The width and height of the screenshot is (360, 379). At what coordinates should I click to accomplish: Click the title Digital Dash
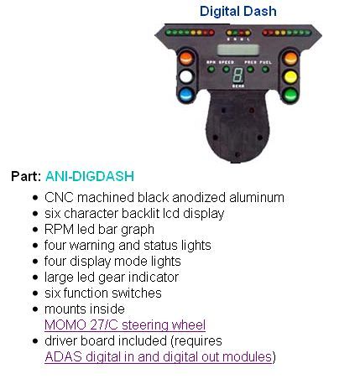tap(238, 12)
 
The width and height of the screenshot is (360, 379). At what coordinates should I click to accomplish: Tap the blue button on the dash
tap(186, 95)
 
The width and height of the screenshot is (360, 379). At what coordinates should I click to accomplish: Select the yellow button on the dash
tap(290, 77)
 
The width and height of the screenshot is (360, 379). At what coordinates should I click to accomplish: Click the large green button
tap(290, 95)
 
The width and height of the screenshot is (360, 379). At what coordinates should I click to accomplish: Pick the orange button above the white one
tap(186, 58)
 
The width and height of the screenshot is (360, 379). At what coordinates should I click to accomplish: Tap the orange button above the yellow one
tap(291, 59)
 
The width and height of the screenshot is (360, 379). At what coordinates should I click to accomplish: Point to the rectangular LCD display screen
tap(238, 50)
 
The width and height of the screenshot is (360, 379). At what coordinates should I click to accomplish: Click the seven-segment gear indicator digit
tap(238, 75)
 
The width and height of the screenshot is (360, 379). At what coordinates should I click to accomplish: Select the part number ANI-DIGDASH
tap(90, 176)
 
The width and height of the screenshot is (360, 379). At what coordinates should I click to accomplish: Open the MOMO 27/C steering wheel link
tap(125, 324)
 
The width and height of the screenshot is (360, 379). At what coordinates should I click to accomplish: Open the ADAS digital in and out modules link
tap(159, 356)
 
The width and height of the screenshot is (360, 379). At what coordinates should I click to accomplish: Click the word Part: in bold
tap(26, 176)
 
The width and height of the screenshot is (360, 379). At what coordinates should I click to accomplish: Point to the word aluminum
tap(257, 197)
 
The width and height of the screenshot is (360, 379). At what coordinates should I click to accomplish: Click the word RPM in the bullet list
tap(60, 229)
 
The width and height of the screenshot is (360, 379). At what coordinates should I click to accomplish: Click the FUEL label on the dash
tap(265, 62)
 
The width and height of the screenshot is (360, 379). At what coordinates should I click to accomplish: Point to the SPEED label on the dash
tap(227, 62)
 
